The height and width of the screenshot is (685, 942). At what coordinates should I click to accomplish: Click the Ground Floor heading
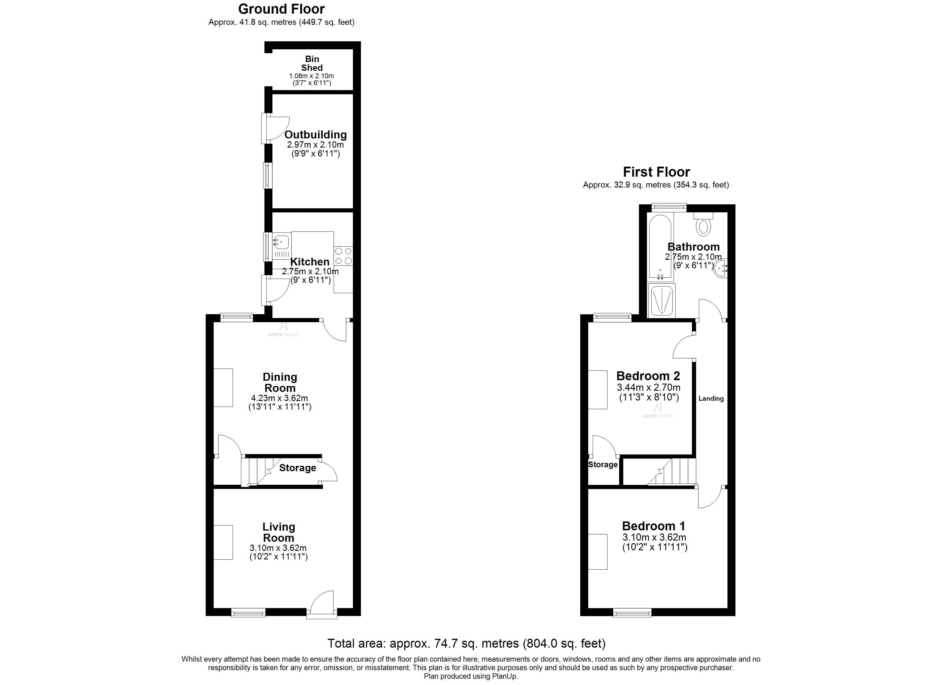(x=281, y=9)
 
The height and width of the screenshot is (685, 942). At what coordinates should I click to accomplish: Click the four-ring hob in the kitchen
(x=343, y=256)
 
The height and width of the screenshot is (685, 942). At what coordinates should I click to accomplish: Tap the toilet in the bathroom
(x=703, y=226)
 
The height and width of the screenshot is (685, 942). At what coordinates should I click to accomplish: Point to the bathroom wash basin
(x=720, y=268)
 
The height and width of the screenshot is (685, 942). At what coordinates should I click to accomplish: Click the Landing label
(x=711, y=398)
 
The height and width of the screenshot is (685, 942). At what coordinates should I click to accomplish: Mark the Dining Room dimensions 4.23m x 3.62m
(x=279, y=398)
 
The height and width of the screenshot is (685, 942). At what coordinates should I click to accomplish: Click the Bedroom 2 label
(x=648, y=376)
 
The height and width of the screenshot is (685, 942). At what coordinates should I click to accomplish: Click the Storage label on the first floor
(x=603, y=464)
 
